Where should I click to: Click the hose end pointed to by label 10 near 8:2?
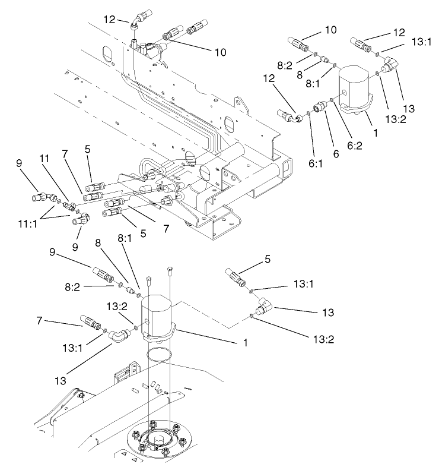point(297,43)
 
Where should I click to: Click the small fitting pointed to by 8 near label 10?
point(323,60)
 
